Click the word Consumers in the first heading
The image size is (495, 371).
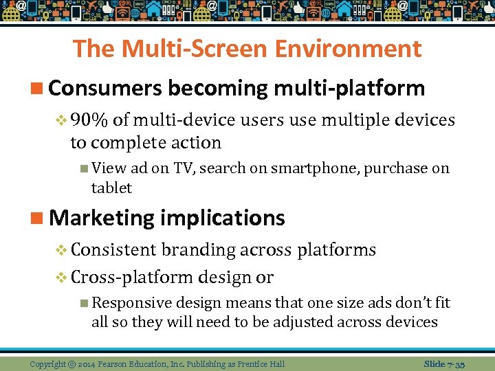105,88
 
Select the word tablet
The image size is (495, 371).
111,188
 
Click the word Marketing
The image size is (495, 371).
102,218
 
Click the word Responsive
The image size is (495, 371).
131,302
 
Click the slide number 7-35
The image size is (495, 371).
455,363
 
